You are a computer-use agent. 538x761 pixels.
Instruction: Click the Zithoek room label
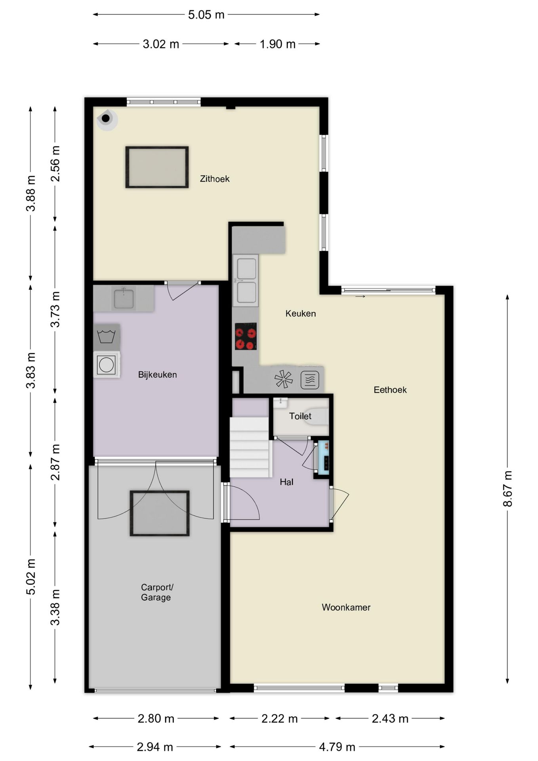click(x=214, y=179)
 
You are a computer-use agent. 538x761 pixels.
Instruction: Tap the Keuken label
click(x=301, y=314)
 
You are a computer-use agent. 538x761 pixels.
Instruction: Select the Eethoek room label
click(x=390, y=390)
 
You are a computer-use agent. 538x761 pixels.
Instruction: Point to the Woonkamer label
click(x=346, y=607)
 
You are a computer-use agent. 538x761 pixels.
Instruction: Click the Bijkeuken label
click(x=157, y=375)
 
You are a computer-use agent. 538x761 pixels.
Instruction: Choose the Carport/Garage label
click(x=157, y=592)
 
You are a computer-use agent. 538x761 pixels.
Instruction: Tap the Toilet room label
click(x=300, y=416)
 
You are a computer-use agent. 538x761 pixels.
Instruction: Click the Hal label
click(x=286, y=482)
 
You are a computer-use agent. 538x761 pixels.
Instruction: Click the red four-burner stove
click(x=246, y=337)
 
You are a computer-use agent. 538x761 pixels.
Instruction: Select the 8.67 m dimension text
click(x=507, y=489)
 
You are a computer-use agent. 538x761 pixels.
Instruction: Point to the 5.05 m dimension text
click(x=206, y=15)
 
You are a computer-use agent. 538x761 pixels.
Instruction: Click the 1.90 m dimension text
click(x=277, y=44)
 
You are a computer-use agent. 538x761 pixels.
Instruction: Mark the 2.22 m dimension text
click(x=279, y=719)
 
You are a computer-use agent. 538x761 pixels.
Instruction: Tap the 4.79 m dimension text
click(x=337, y=747)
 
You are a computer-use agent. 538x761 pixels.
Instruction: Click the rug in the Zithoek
click(x=157, y=167)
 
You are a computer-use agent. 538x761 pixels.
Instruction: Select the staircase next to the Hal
click(x=250, y=447)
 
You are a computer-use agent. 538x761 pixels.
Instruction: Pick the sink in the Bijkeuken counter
click(x=124, y=298)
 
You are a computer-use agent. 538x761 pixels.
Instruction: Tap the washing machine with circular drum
click(x=107, y=365)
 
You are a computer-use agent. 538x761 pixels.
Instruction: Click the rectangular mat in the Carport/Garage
click(x=160, y=513)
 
